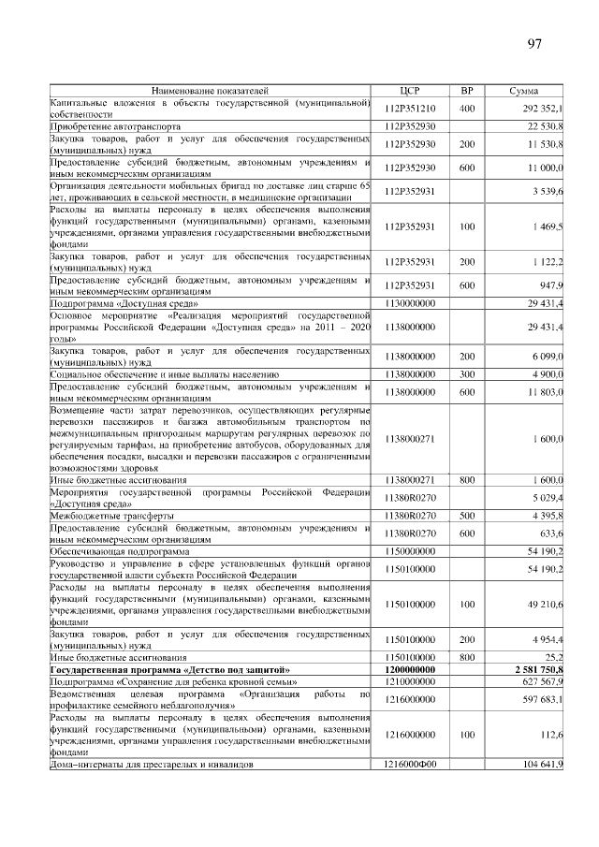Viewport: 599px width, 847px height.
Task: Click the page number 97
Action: tap(534, 44)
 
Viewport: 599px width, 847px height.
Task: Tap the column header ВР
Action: tap(466, 91)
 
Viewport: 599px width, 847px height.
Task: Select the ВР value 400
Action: tap(466, 109)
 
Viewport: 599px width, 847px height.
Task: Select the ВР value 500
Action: tap(466, 516)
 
